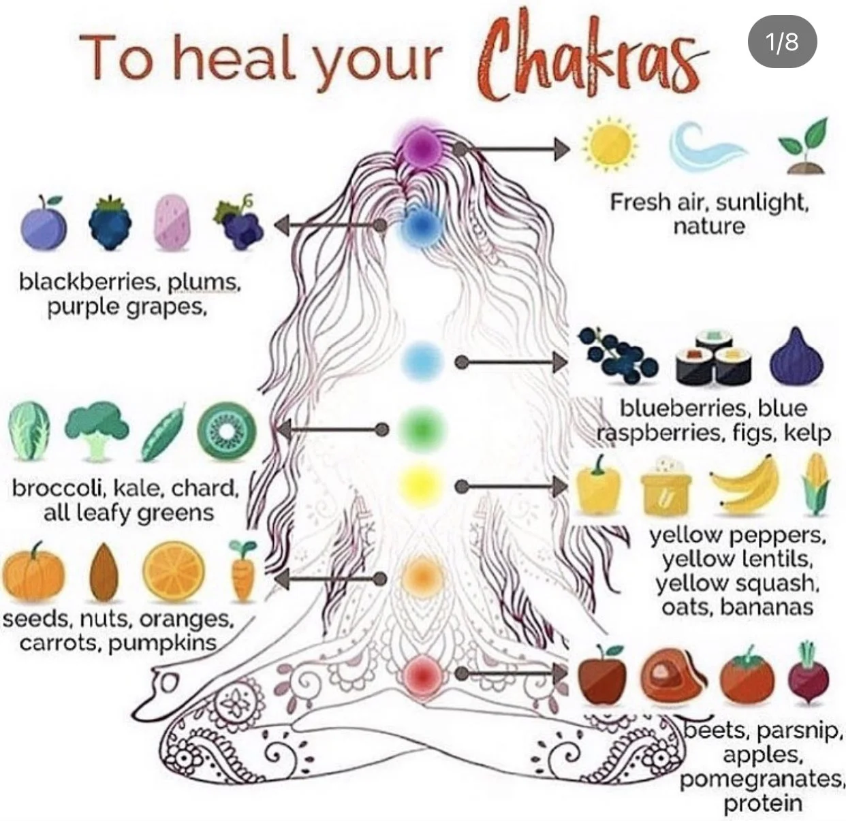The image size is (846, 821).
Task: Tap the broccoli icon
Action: coord(97,429)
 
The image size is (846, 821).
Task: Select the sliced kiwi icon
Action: coord(227,431)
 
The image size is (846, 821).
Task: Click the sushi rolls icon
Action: coord(713,357)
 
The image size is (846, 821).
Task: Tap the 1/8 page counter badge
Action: coord(781,42)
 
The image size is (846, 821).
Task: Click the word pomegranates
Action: coord(762,779)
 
